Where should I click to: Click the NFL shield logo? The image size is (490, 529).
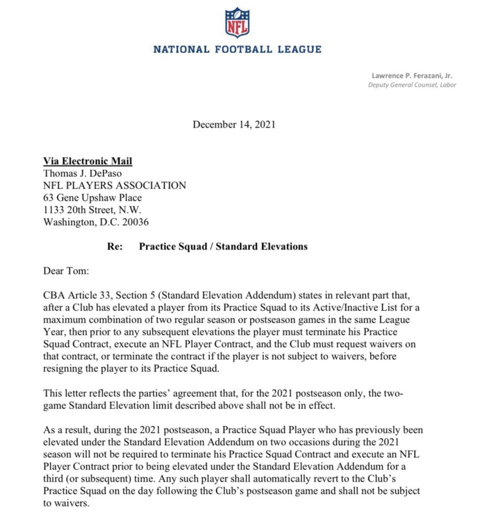tap(238, 22)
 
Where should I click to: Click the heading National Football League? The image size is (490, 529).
tap(238, 49)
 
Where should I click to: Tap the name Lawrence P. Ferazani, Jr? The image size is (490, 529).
tap(412, 76)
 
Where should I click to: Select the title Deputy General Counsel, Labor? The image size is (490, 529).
tap(412, 85)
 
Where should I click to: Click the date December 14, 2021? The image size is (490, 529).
tap(234, 125)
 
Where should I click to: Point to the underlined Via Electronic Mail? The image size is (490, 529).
tap(88, 161)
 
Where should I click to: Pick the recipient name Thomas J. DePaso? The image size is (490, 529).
tap(82, 173)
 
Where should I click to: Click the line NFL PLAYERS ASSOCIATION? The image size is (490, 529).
tap(115, 186)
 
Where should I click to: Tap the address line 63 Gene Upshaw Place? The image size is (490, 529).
tap(93, 198)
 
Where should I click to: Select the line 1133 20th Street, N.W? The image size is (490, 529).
tap(92, 210)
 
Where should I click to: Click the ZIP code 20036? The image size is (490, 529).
tap(135, 222)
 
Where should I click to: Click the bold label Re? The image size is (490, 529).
tap(115, 246)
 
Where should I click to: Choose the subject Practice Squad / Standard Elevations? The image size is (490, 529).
tap(223, 246)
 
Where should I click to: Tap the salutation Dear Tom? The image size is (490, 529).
tap(66, 271)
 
